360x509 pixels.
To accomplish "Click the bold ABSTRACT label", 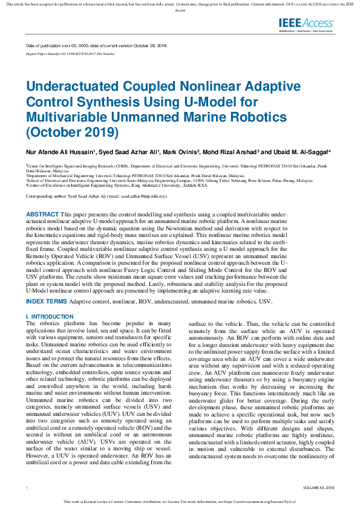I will coord(42,215).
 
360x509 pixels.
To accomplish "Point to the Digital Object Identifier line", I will coord(71,54).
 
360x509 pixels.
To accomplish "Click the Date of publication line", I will coord(97,46).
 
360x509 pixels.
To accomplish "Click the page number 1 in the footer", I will coord(27,487).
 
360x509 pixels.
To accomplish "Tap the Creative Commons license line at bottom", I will coord(180,502).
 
